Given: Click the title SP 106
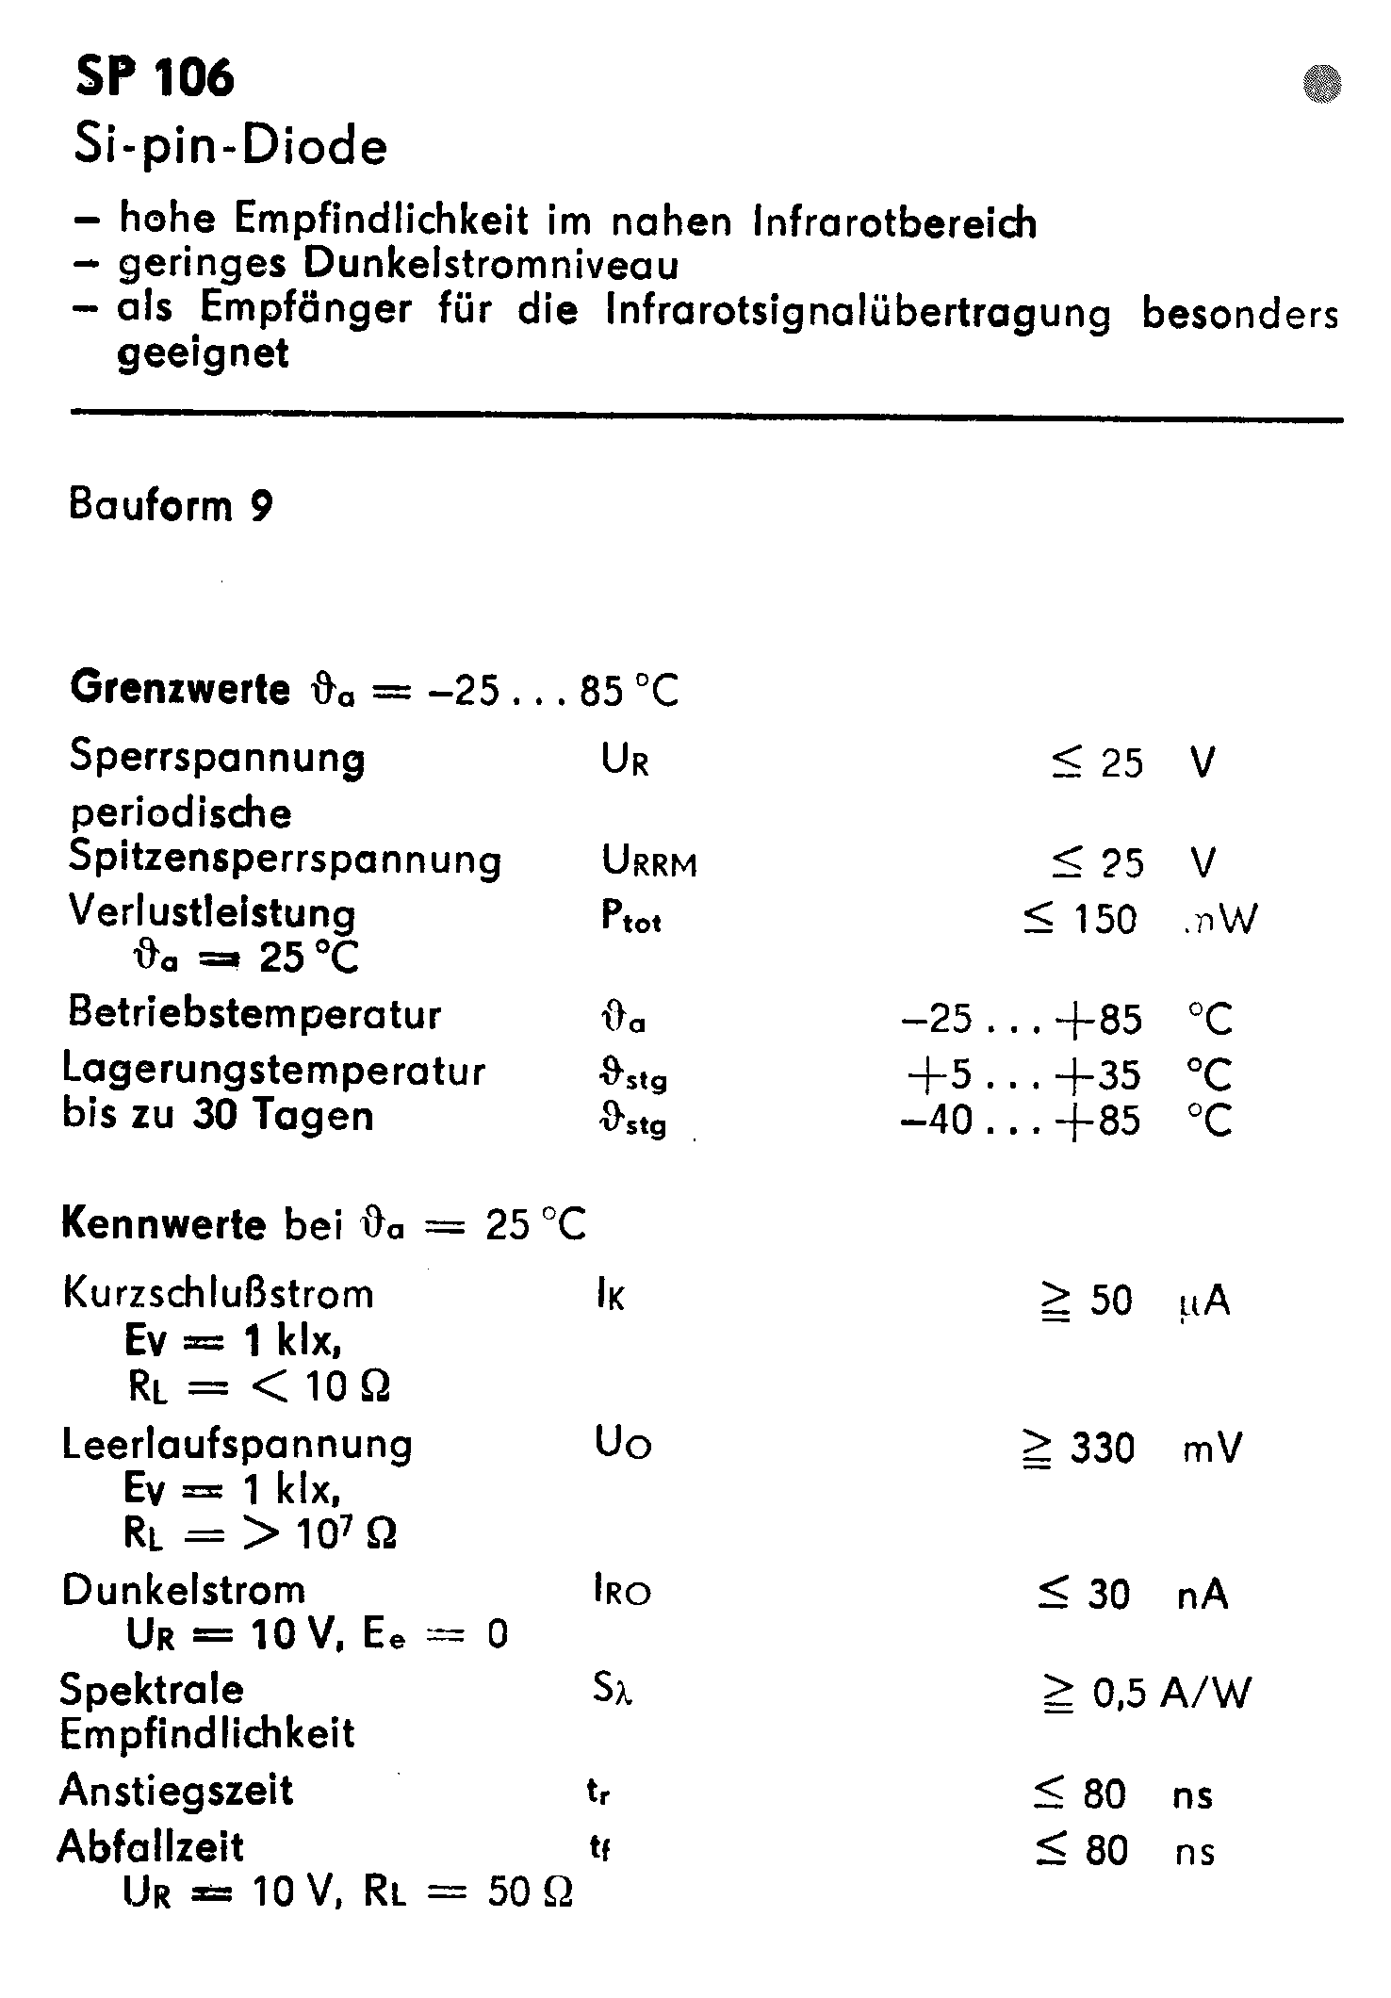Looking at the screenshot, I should point(155,76).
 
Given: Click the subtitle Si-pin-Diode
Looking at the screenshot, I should point(231,147).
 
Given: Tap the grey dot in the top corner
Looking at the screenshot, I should point(1321,84).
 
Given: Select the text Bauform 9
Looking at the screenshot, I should point(171,506).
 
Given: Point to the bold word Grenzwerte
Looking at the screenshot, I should point(180,689).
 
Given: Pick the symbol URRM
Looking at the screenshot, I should point(649,861).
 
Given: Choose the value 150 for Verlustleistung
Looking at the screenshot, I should point(1105,919).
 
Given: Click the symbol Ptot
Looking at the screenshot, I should point(630,917).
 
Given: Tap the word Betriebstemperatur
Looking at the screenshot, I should point(254,1014).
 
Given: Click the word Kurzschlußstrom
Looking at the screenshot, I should point(218,1293).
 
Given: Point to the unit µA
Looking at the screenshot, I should point(1203,1302).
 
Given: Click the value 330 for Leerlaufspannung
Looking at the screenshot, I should point(1102,1449).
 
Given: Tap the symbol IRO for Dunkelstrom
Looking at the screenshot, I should point(622,1592).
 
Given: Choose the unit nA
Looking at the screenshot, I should point(1203,1595).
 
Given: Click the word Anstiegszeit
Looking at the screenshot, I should point(176,1791).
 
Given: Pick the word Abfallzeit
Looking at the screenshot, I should point(151,1847).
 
